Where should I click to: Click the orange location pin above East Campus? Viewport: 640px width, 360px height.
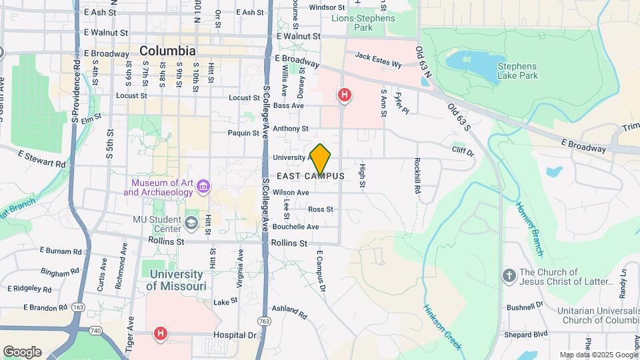pos(321,159)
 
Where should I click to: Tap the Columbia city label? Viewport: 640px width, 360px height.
pos(167,51)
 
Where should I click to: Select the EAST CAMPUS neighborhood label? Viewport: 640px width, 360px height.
pos(310,176)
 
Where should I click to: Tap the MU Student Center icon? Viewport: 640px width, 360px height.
pos(192,222)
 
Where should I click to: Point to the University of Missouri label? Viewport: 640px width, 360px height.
pos(176,280)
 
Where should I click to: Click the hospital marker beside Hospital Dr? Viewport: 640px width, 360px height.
pos(160,333)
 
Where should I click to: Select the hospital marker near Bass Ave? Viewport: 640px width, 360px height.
pos(344,95)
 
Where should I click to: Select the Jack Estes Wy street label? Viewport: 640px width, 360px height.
pos(378,61)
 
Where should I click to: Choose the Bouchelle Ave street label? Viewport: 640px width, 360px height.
pos(295,227)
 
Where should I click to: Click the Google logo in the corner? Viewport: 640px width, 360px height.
pos(22,351)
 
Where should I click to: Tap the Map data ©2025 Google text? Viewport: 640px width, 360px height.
pos(597,355)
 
